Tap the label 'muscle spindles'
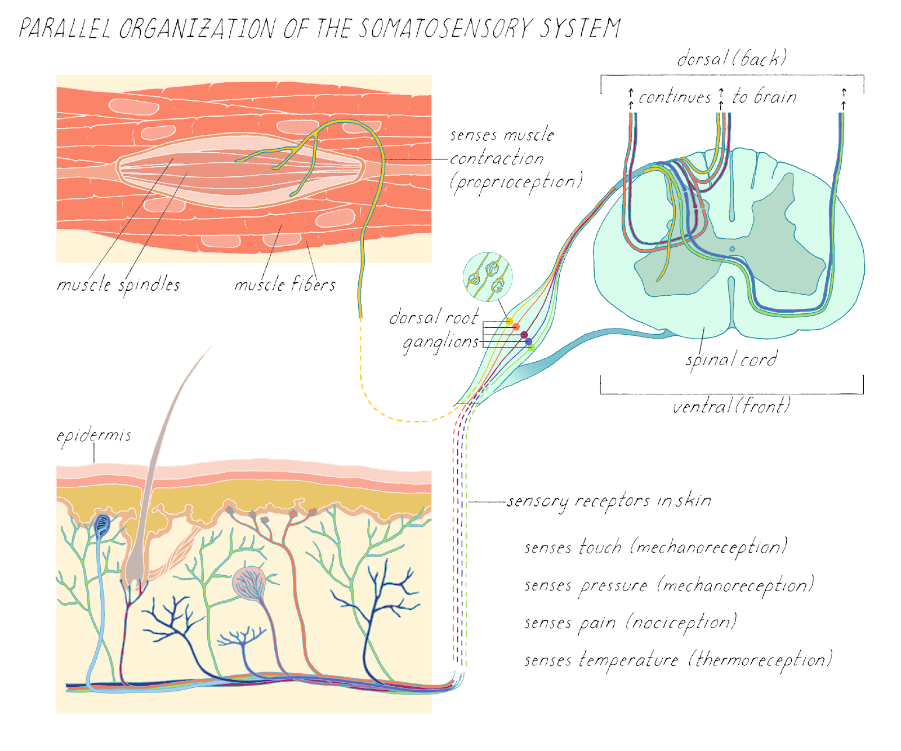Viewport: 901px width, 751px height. click(118, 285)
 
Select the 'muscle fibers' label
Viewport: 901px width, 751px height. click(285, 285)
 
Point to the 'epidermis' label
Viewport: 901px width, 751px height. click(93, 436)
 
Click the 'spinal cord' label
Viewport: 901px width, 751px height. click(731, 359)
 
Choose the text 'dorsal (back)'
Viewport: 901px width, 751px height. click(731, 59)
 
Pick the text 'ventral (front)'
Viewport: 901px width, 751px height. click(731, 406)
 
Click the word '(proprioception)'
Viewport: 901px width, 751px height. click(516, 182)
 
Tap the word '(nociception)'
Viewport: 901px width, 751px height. click(681, 623)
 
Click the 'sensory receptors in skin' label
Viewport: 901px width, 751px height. click(609, 501)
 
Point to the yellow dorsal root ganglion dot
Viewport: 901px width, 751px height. click(510, 322)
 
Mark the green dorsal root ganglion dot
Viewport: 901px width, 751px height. click(530, 348)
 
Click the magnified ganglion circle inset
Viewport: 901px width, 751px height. click(488, 277)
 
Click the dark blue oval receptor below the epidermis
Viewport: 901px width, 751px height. click(102, 525)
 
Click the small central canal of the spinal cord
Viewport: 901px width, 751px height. click(732, 248)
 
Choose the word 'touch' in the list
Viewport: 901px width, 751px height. click(600, 548)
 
